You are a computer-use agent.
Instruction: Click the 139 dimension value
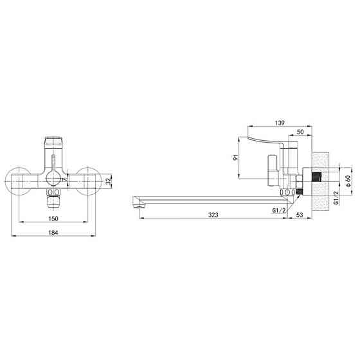click(x=280, y=123)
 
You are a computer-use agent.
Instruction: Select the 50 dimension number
click(x=300, y=132)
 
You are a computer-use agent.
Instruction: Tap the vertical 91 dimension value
click(x=236, y=157)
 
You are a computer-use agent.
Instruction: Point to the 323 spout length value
click(x=213, y=215)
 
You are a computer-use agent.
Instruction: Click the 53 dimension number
click(x=300, y=215)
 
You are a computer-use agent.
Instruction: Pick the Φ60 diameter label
click(x=348, y=181)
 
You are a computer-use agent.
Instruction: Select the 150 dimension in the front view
click(x=53, y=219)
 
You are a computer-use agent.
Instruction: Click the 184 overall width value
click(x=53, y=233)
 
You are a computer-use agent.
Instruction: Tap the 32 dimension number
click(x=109, y=181)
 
